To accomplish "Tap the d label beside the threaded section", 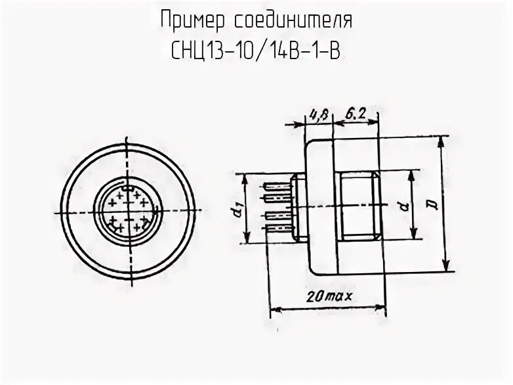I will coord(401,206).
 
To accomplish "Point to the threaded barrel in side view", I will coord(358,206).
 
